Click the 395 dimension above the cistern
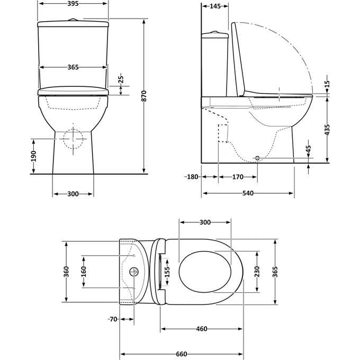click(74, 4)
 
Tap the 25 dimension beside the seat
click(121, 81)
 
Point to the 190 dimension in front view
click(33, 156)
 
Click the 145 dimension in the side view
click(215, 6)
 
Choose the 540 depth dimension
click(247, 193)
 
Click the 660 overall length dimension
click(181, 354)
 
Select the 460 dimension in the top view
click(201, 329)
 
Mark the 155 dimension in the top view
click(167, 272)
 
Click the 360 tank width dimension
click(66, 272)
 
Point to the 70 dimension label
click(112, 319)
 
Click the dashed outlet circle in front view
click(74, 139)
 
